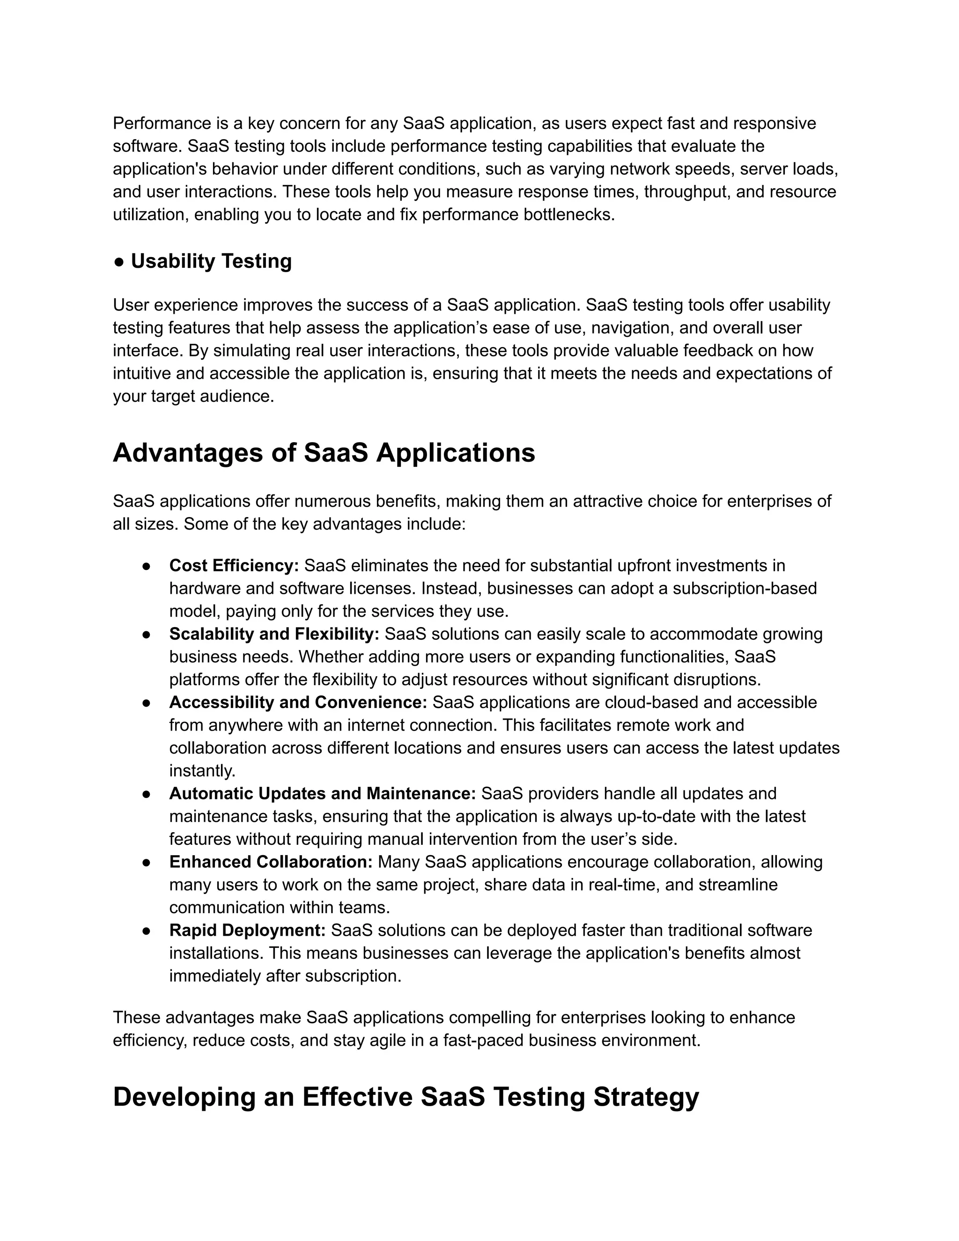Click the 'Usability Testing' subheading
(x=211, y=261)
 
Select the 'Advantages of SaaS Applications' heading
(x=324, y=453)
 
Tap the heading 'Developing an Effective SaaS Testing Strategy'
(x=406, y=1097)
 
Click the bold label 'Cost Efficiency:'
(x=234, y=566)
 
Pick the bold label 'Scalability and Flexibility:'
(x=274, y=634)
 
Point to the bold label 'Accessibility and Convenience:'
(x=298, y=702)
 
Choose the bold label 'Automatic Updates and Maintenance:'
(x=322, y=794)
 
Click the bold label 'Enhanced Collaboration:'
(x=271, y=862)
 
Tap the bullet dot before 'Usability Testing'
(x=119, y=262)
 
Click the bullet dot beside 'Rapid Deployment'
(x=146, y=931)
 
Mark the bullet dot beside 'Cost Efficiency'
(x=146, y=567)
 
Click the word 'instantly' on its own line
(x=202, y=771)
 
